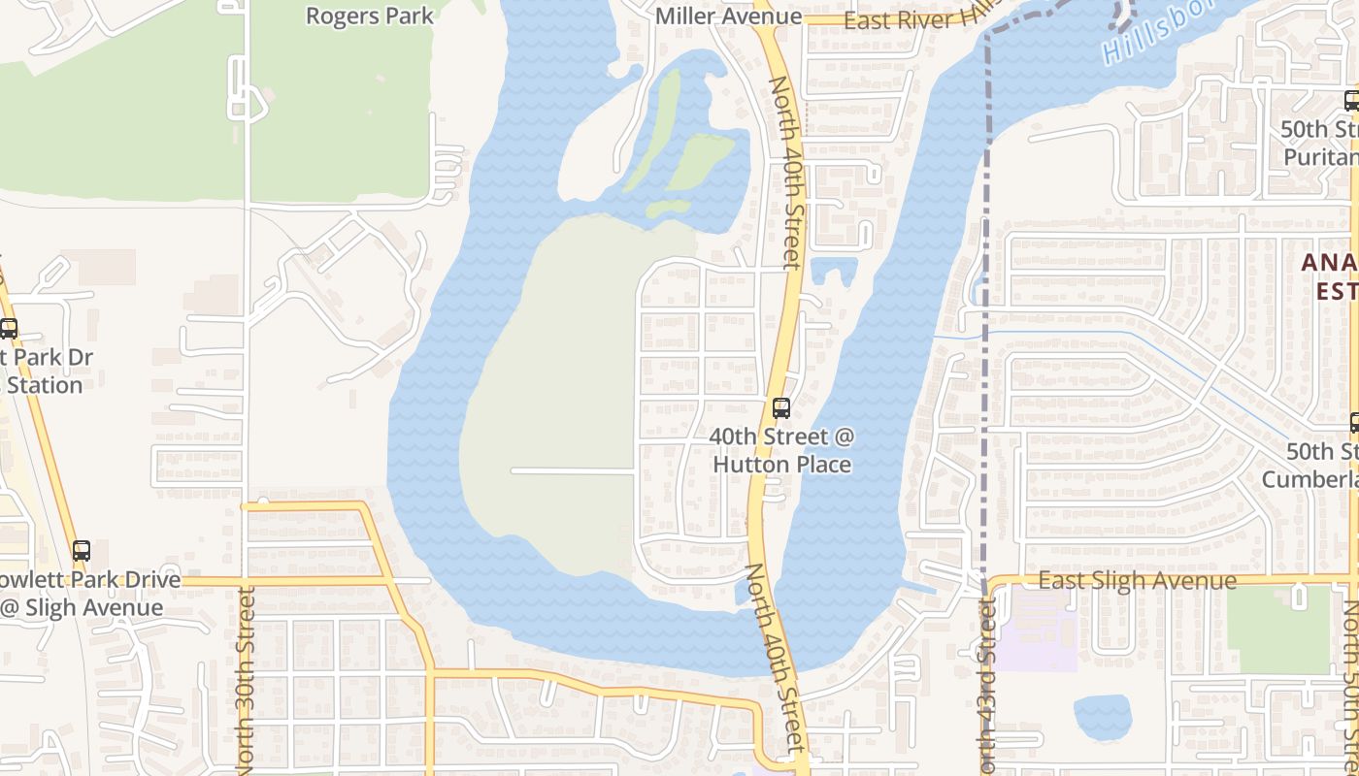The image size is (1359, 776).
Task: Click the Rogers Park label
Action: tap(369, 16)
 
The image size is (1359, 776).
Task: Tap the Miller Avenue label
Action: tap(728, 16)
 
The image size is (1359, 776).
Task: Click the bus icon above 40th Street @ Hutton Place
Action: tap(781, 408)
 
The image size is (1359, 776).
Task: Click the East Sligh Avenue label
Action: tap(1137, 581)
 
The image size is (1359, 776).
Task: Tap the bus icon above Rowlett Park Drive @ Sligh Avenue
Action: tap(82, 551)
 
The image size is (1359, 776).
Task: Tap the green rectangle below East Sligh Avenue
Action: tap(1276, 630)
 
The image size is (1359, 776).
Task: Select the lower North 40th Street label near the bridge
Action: tap(777, 660)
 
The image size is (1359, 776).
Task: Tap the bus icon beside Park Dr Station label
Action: tap(9, 329)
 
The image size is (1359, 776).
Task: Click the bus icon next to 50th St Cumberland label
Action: tap(1352, 423)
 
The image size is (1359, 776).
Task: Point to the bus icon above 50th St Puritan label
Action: tap(1350, 100)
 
